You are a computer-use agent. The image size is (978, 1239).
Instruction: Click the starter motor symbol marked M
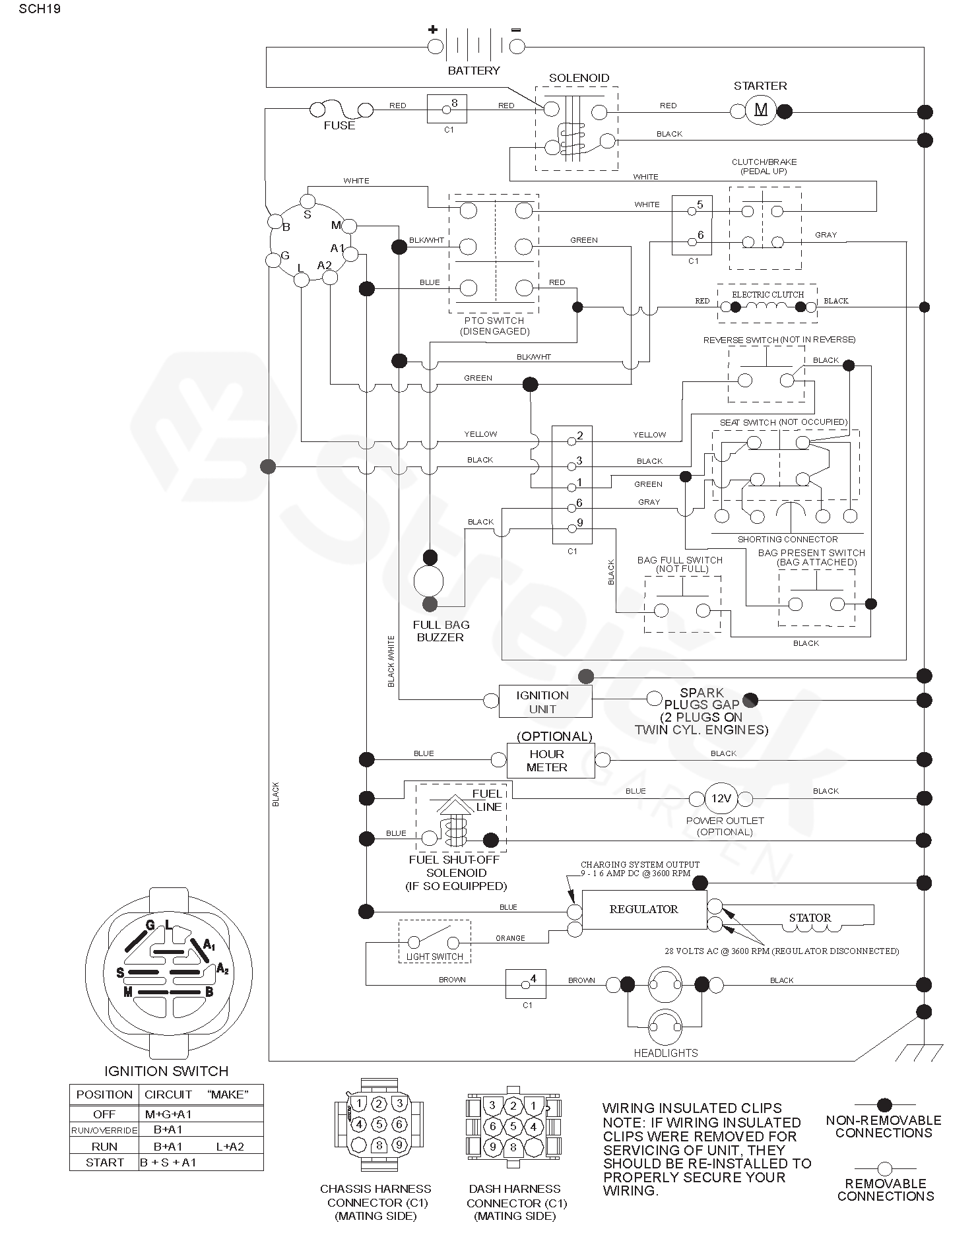tap(761, 111)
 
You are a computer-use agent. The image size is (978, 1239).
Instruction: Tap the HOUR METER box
tap(546, 761)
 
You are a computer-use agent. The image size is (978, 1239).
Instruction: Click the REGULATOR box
tap(643, 910)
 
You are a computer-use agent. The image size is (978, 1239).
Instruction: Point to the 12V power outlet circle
tap(721, 798)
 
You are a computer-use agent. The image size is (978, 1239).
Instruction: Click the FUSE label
tap(339, 125)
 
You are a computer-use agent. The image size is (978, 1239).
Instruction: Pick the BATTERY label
tap(474, 71)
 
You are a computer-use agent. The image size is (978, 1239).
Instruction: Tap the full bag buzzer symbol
tap(429, 581)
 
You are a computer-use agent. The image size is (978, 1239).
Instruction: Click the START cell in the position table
tap(104, 1162)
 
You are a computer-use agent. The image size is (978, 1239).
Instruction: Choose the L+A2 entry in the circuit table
tap(230, 1147)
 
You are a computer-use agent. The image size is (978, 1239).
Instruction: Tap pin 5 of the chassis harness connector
tap(379, 1124)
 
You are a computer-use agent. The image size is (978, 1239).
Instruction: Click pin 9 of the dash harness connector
tap(492, 1147)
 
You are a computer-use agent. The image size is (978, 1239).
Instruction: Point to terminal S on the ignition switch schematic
tap(307, 201)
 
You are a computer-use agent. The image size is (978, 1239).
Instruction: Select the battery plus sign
tap(433, 29)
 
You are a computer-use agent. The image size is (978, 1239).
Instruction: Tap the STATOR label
tap(810, 918)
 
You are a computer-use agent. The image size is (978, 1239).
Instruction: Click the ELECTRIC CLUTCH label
tap(767, 294)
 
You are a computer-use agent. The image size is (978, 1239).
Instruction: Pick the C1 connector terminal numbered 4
tap(526, 984)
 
